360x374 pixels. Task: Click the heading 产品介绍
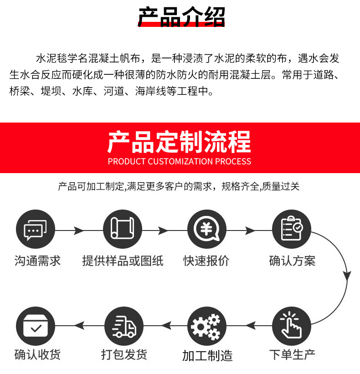[181, 17]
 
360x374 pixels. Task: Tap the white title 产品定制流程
[180, 142]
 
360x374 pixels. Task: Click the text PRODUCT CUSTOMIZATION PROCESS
[180, 161]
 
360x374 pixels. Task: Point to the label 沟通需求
[37, 261]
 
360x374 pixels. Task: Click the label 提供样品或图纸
[123, 261]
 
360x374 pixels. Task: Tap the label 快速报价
[206, 261]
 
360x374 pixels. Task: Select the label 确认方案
[292, 261]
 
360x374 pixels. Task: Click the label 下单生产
[292, 354]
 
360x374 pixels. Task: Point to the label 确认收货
[37, 354]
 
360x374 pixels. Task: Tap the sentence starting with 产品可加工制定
[179, 186]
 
